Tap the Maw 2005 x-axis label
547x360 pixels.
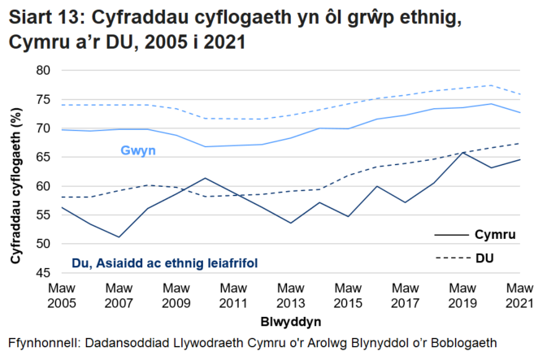point(62,294)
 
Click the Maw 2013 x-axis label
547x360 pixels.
point(291,294)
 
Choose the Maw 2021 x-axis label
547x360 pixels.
point(520,294)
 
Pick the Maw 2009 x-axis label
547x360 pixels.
point(176,294)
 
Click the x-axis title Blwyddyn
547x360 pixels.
point(291,320)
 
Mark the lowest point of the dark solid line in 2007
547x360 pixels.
point(119,237)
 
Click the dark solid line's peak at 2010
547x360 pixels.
point(205,178)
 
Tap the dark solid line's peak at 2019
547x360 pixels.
point(463,152)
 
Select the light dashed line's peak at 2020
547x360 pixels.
point(492,85)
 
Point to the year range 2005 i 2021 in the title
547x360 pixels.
point(198,41)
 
